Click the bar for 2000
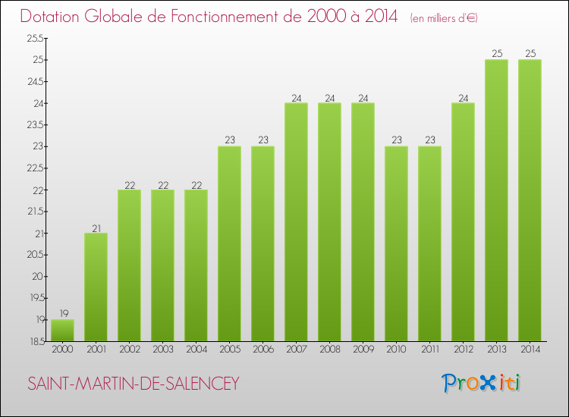62,331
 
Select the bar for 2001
96,287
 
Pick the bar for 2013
496,201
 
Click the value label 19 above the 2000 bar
62,312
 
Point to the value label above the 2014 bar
530,53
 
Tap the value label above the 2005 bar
229,140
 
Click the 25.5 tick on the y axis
35,38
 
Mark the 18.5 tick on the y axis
35,342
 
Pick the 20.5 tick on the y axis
35,255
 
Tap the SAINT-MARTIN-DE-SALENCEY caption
134,384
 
